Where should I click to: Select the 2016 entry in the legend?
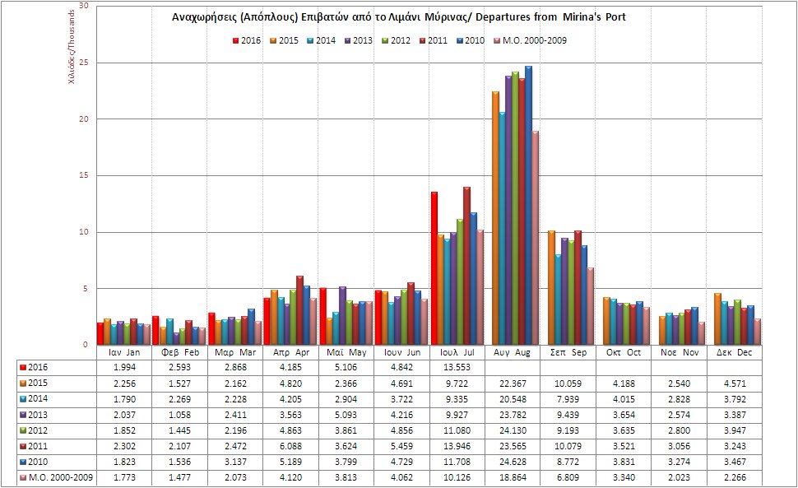246,40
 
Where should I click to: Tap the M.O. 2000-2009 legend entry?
534,40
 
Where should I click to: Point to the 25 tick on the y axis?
83,63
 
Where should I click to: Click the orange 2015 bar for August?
495,218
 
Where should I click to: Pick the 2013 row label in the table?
41,416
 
